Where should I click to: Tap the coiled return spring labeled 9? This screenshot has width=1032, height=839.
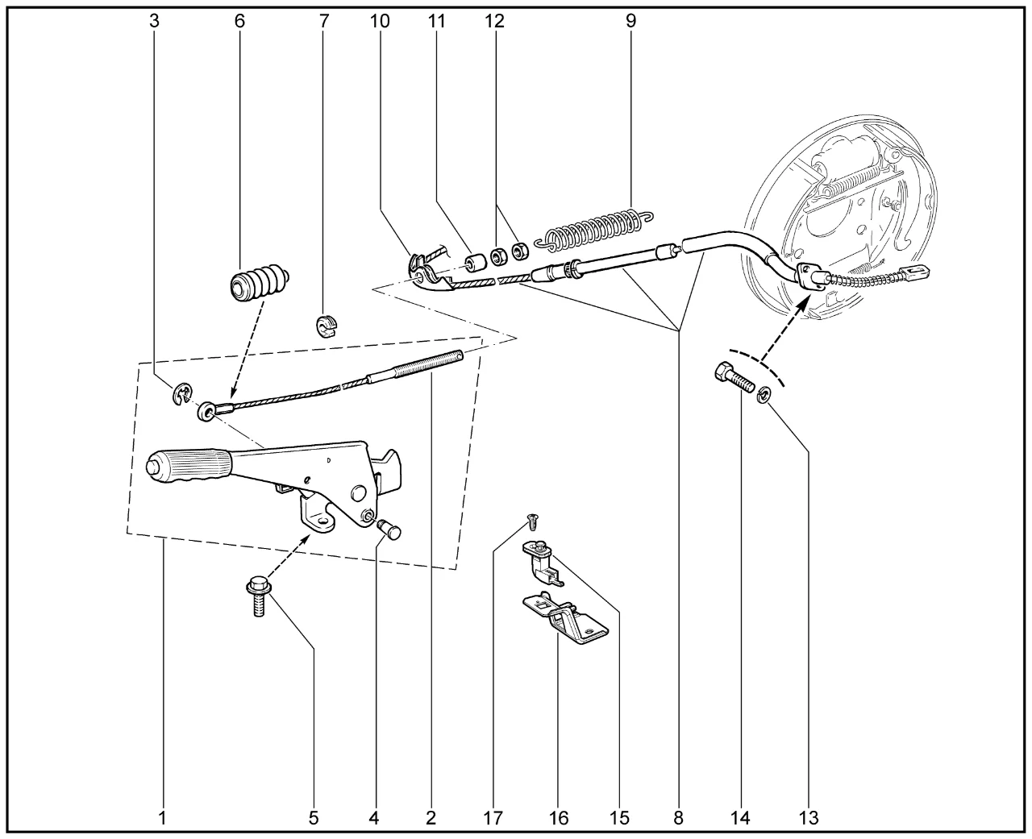(597, 225)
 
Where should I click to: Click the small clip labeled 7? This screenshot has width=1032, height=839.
(324, 326)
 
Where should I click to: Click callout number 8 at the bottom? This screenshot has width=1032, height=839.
(678, 818)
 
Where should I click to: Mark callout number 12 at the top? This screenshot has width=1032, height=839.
(494, 22)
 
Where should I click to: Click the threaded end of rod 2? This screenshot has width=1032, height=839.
(427, 365)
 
